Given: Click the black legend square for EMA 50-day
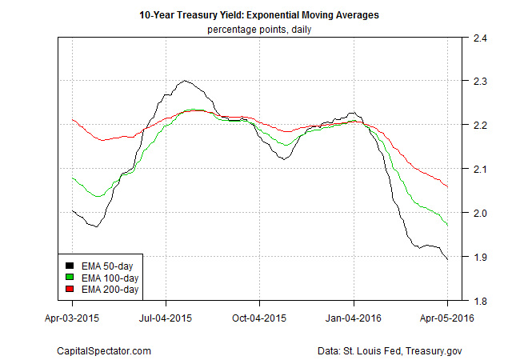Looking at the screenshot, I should (70, 266).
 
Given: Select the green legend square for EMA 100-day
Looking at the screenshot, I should (70, 277).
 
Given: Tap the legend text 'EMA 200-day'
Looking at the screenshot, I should (107, 288).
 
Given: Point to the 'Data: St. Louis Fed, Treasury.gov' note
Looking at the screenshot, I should (390, 350).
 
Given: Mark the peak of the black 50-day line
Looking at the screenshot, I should (185, 80).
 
